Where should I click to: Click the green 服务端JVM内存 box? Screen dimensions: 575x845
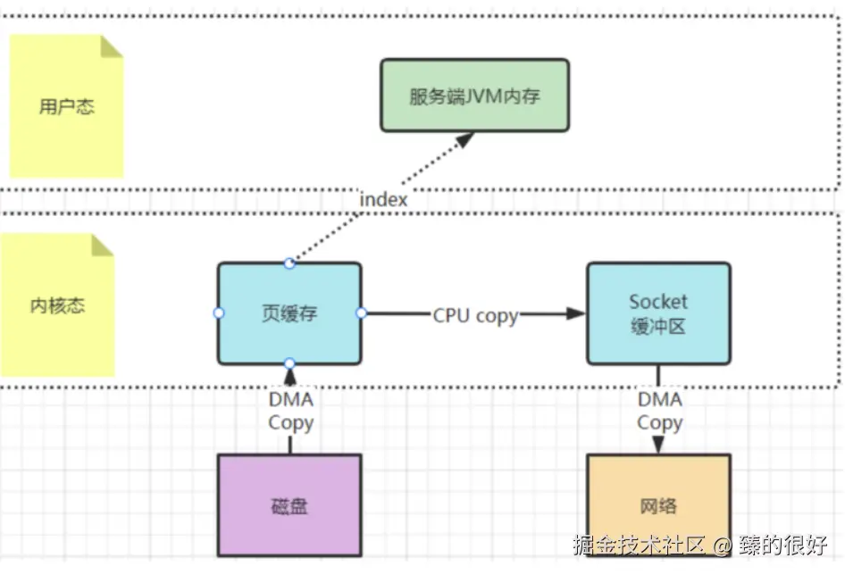tap(474, 96)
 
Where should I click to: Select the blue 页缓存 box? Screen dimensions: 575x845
tap(289, 313)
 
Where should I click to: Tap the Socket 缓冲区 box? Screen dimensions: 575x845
tap(657, 313)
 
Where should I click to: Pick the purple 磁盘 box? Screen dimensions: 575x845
tap(289, 505)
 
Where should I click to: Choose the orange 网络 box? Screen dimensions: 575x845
tap(657, 505)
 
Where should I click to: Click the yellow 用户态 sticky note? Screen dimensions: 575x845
tap(66, 107)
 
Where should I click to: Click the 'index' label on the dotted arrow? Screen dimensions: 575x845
tap(383, 199)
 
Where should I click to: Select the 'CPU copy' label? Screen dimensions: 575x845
tap(474, 314)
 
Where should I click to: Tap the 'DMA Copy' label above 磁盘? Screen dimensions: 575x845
tap(290, 411)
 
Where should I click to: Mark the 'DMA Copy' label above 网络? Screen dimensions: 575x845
tap(659, 411)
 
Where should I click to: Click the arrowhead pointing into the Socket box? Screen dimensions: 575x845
tap(576, 313)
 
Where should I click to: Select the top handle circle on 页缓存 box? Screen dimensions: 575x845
tap(289, 262)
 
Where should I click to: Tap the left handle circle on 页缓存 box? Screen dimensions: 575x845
tap(219, 313)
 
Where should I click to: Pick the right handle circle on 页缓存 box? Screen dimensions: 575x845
tap(361, 313)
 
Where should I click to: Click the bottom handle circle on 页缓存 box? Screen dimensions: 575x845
tap(289, 363)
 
